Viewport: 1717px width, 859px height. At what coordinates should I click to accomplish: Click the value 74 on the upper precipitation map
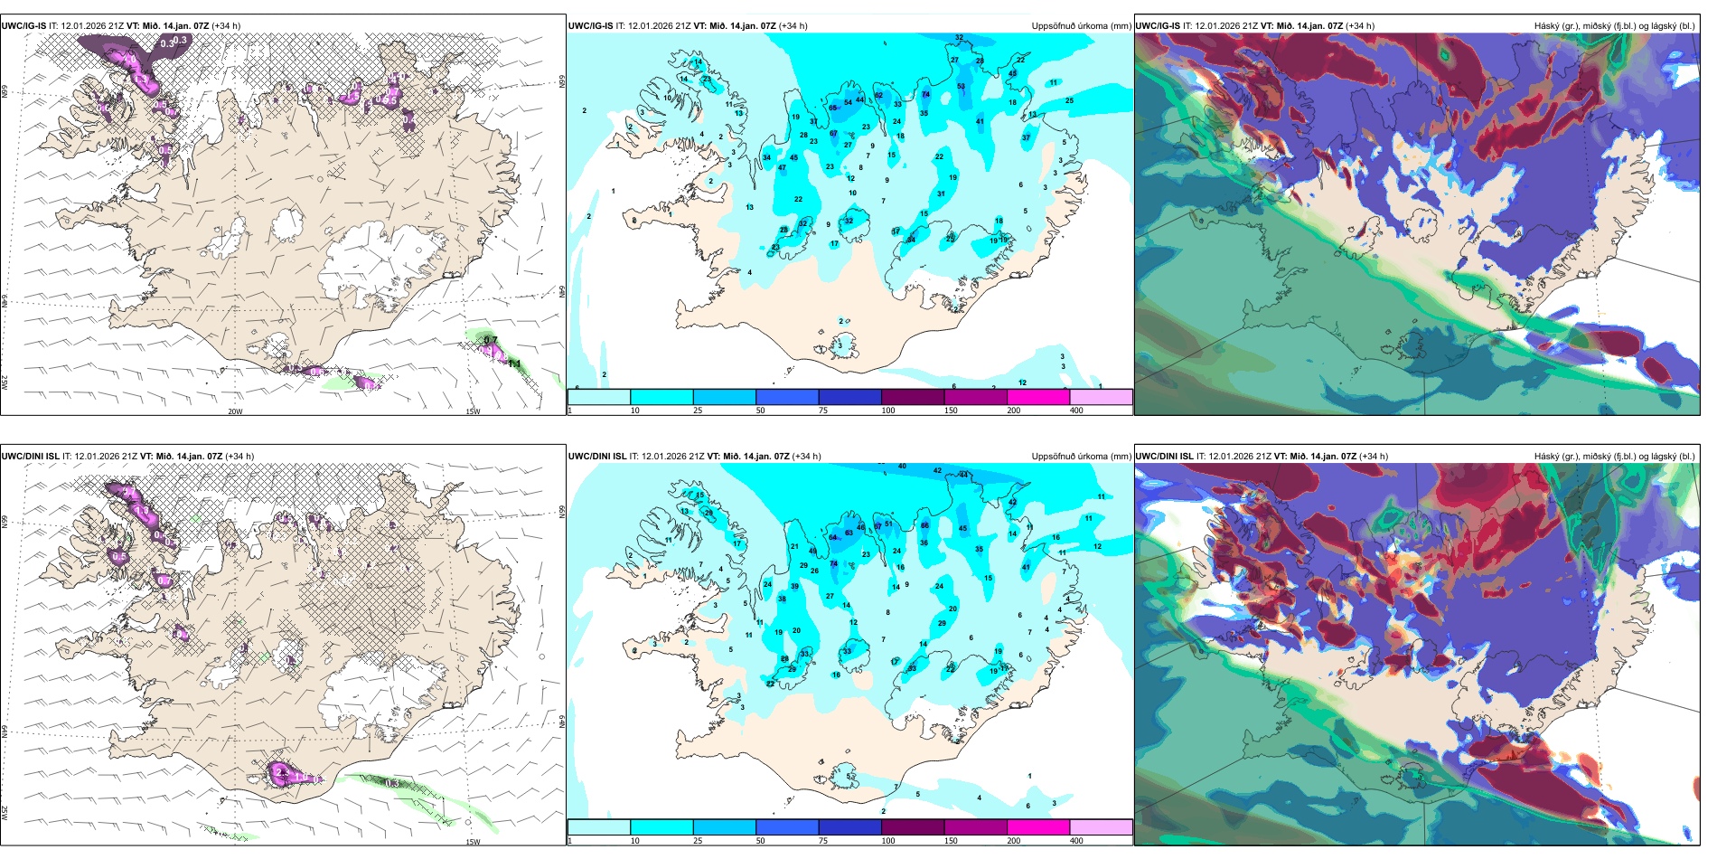click(925, 95)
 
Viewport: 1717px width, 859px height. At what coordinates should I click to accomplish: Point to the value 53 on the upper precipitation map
click(961, 87)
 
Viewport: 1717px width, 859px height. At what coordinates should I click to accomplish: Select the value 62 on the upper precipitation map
click(878, 96)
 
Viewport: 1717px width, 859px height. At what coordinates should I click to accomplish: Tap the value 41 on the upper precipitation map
click(980, 122)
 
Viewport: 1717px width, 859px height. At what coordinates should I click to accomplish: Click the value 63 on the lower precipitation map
click(849, 533)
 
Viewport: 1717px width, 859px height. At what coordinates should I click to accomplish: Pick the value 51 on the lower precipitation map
click(888, 524)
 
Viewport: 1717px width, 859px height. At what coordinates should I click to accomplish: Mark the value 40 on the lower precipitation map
click(902, 467)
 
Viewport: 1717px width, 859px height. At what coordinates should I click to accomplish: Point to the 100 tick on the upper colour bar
click(887, 411)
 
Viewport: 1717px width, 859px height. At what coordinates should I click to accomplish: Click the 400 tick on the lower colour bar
click(1076, 841)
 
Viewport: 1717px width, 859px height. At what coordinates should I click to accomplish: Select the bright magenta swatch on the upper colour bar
click(1037, 397)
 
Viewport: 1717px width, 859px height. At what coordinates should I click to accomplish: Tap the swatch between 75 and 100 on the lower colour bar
click(849, 827)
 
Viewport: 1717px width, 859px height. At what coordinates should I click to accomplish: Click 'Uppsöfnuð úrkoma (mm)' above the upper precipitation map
click(1081, 26)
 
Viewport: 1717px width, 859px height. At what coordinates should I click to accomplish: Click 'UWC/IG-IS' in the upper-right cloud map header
click(1158, 26)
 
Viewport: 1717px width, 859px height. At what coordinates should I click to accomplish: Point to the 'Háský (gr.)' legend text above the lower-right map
click(1557, 457)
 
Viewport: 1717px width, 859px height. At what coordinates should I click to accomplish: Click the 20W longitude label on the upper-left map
click(235, 411)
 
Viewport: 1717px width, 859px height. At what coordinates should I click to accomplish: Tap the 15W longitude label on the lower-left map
click(473, 842)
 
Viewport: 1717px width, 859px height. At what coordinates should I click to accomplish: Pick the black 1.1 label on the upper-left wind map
click(514, 364)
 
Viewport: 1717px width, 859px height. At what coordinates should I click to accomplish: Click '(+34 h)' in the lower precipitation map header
click(806, 457)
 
